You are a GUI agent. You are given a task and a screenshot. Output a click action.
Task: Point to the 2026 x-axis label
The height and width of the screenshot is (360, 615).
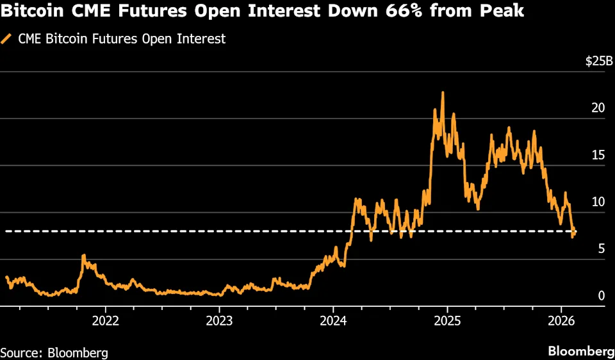pyautogui.click(x=561, y=320)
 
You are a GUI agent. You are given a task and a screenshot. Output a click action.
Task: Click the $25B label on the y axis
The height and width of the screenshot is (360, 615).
pyautogui.click(x=599, y=61)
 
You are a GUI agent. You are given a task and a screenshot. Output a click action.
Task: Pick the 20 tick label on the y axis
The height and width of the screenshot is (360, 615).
pyautogui.click(x=598, y=108)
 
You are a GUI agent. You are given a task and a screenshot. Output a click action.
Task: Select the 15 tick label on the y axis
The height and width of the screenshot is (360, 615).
pyautogui.click(x=598, y=155)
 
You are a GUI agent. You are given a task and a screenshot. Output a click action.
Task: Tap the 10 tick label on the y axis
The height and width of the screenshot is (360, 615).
pyautogui.click(x=598, y=202)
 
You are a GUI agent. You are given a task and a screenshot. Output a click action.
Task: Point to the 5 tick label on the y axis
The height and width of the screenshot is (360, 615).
pyautogui.click(x=602, y=249)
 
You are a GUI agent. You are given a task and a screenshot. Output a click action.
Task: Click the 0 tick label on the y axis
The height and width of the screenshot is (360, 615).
pyautogui.click(x=602, y=295)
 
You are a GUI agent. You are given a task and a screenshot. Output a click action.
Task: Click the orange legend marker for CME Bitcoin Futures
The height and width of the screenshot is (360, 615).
pyautogui.click(x=8, y=38)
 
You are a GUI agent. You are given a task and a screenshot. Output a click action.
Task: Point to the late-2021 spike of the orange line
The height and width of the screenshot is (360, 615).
pyautogui.click(x=83, y=256)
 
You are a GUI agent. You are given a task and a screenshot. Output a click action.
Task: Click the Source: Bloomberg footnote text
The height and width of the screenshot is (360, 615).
pyautogui.click(x=54, y=352)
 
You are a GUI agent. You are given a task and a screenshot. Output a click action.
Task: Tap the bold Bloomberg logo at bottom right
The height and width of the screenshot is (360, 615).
pyautogui.click(x=580, y=351)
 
